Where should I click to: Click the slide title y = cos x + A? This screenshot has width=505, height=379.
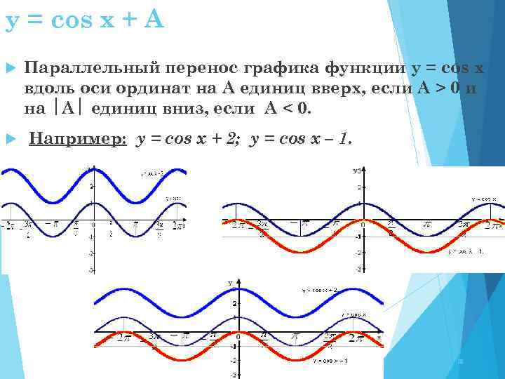(84, 21)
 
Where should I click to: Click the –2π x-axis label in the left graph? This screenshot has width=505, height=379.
(8, 225)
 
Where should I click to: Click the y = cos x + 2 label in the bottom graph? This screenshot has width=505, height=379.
(321, 290)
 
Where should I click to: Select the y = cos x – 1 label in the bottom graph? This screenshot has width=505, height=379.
(330, 360)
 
